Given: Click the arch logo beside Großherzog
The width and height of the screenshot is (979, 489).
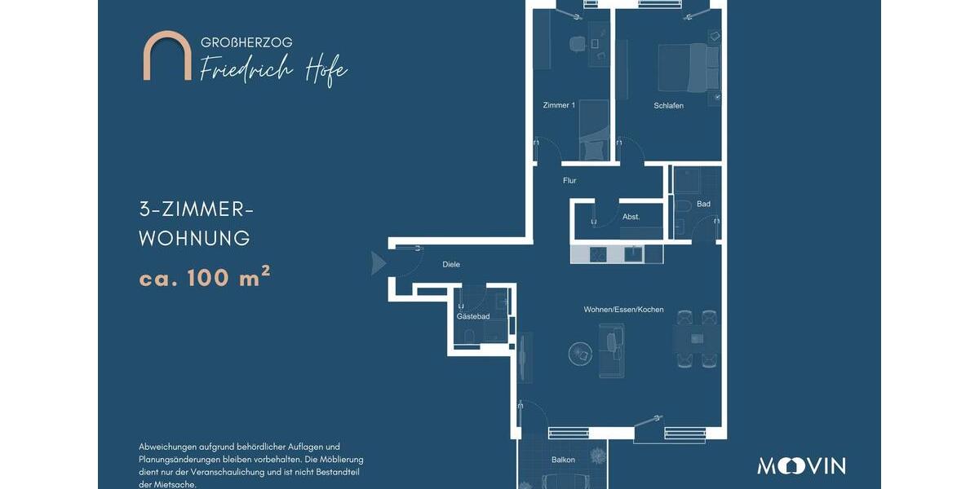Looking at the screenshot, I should click(167, 56).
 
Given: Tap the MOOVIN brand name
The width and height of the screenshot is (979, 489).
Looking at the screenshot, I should click(801, 466).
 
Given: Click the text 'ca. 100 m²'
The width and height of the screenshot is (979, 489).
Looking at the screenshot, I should click(204, 278).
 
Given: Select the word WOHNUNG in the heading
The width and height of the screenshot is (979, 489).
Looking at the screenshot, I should click(194, 239).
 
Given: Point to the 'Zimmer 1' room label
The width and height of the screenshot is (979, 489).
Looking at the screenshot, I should click(559, 106).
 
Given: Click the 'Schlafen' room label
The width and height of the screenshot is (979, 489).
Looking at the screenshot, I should click(668, 106).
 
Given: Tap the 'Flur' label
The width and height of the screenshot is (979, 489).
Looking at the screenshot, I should click(569, 181).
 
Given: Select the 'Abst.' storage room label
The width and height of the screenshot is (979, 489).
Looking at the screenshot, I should click(631, 217).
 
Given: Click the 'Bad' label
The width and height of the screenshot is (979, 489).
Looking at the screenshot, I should click(703, 204).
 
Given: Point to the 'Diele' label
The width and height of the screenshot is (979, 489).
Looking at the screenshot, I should click(451, 265).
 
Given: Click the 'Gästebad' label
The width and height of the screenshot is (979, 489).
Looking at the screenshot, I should click(472, 316).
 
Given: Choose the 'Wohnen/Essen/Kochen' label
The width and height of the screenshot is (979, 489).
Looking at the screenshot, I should click(623, 310).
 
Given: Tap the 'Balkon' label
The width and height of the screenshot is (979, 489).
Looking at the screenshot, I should click(563, 460).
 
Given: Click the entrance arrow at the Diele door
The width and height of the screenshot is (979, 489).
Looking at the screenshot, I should click(378, 262).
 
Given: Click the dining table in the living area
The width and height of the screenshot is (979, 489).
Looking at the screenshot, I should click(697, 338).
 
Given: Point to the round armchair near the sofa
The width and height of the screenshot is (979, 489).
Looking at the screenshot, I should click(580, 352).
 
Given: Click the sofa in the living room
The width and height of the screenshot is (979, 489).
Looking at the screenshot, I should click(611, 350).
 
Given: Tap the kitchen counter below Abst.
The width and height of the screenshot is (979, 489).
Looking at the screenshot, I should click(616, 253).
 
